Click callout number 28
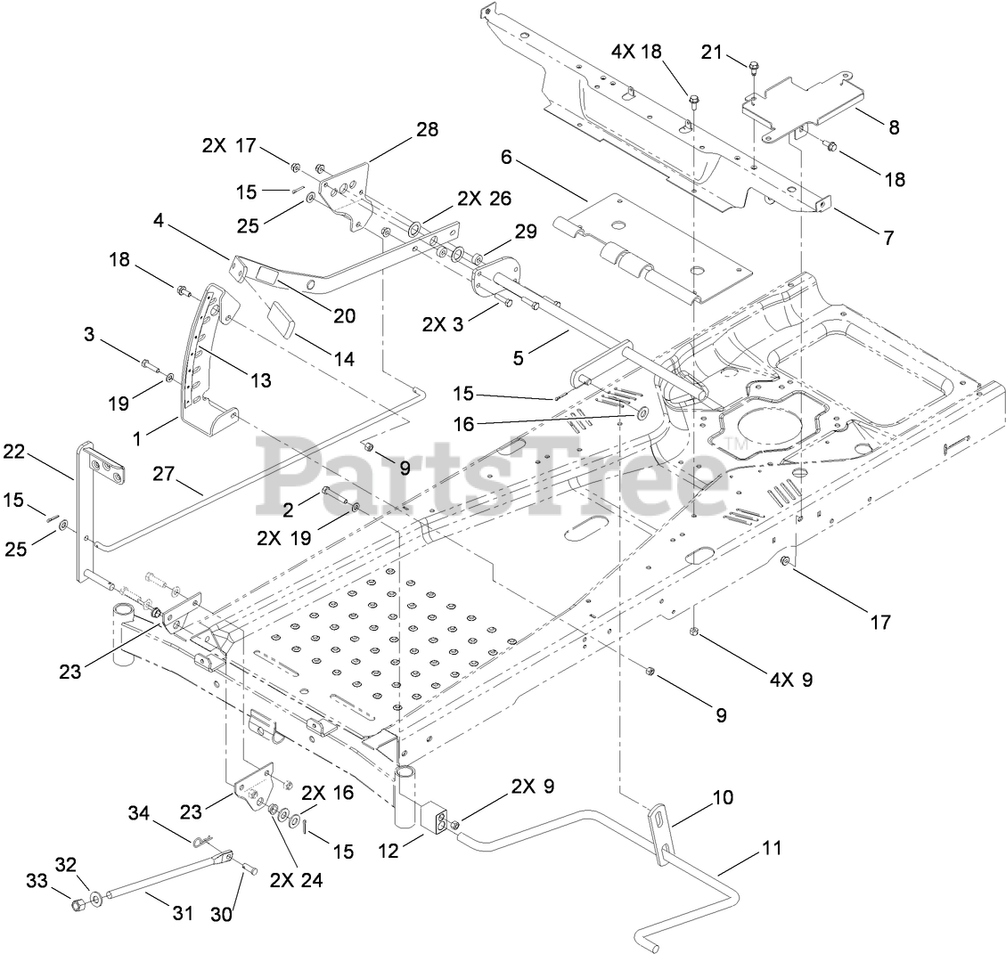click(x=427, y=129)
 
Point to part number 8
click(x=893, y=127)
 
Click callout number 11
click(x=771, y=848)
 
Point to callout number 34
click(x=139, y=812)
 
